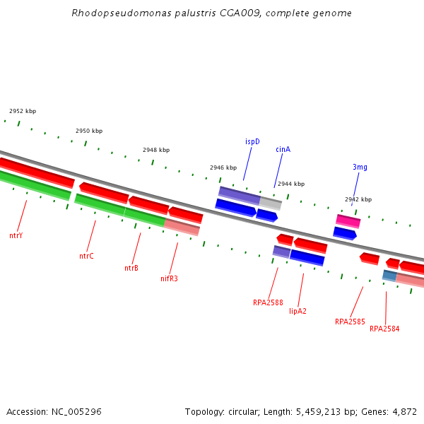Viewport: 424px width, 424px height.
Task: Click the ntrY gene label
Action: pyautogui.click(x=16, y=235)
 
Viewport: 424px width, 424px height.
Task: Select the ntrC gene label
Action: pyautogui.click(x=86, y=256)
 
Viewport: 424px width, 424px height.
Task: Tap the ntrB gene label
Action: pyautogui.click(x=131, y=268)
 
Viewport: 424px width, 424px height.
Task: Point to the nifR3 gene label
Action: pyautogui.click(x=169, y=278)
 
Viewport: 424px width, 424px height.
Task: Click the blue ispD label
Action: pyautogui.click(x=252, y=141)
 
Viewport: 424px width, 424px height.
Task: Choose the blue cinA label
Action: pyautogui.click(x=283, y=149)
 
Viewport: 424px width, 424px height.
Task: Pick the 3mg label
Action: pyautogui.click(x=360, y=167)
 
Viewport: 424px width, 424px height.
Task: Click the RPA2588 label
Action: pyautogui.click(x=268, y=302)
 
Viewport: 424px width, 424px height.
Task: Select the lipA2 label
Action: pyautogui.click(x=298, y=311)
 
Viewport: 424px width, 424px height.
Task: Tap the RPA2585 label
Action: pyautogui.click(x=350, y=322)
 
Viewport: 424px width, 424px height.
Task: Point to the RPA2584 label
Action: pyautogui.click(x=384, y=329)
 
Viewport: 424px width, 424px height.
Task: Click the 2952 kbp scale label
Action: pyautogui.click(x=23, y=112)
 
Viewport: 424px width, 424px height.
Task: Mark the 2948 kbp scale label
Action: pyautogui.click(x=156, y=150)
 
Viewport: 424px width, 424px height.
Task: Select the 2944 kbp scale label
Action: pyautogui.click(x=291, y=184)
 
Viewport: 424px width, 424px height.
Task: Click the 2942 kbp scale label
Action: pyautogui.click(x=358, y=199)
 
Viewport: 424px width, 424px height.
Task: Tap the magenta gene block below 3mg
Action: pyautogui.click(x=348, y=221)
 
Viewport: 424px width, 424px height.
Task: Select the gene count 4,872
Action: pyautogui.click(x=404, y=411)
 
